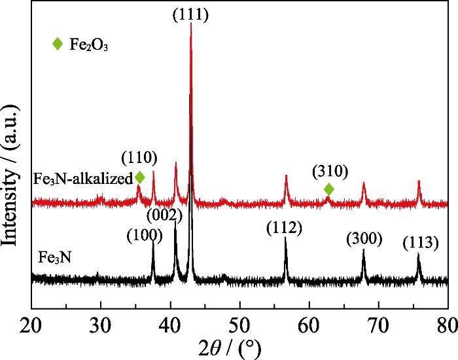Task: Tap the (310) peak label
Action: [330, 171]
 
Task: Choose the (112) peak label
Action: [284, 228]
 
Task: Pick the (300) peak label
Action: [364, 239]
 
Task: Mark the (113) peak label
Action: [419, 243]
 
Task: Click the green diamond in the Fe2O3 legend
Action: [58, 45]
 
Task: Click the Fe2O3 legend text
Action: [88, 46]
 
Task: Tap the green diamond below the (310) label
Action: [329, 189]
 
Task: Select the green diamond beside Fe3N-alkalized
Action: [139, 177]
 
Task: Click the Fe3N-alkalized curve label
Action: [83, 178]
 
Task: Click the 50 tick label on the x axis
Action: [239, 325]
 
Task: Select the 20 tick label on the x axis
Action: [31, 325]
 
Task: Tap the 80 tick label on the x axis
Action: [448, 325]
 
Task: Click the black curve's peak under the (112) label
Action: [286, 240]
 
